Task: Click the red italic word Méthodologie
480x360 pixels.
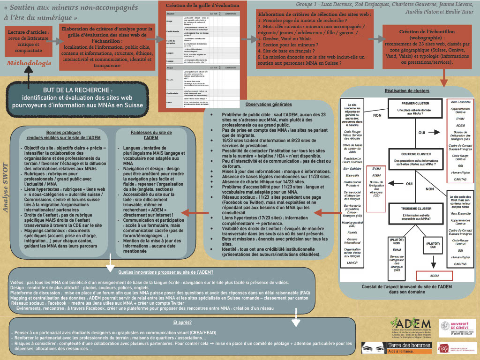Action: [x=29, y=63]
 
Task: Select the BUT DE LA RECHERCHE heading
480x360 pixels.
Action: [x=77, y=90]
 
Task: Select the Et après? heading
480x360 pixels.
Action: [x=182, y=322]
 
